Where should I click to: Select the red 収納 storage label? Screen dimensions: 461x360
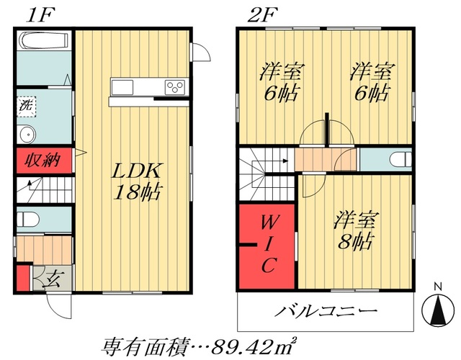pos(43,161)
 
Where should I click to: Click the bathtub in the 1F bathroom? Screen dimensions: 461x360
pos(42,42)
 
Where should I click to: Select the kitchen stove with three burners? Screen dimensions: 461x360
pos(175,86)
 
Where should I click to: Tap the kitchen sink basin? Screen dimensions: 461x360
pos(121,87)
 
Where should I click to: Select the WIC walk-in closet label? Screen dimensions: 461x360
pos(266,243)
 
